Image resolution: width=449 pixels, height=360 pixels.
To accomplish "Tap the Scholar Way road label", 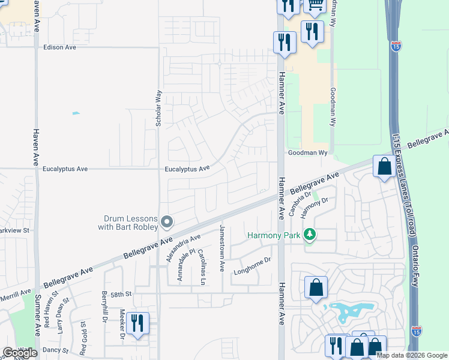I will pyautogui.click(x=159, y=108).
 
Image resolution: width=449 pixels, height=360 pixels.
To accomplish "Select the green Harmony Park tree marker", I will pyautogui.click(x=309, y=235).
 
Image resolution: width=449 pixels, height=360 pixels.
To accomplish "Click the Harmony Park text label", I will pyautogui.click(x=273, y=236).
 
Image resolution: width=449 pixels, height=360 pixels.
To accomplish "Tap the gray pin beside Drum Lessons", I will pyautogui.click(x=167, y=223).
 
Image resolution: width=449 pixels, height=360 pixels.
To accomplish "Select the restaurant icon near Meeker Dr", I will pyautogui.click(x=137, y=323).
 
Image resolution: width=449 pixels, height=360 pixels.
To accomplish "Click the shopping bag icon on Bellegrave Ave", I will pyautogui.click(x=384, y=166).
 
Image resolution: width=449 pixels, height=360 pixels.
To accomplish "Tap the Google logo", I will pyautogui.click(x=20, y=353).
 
